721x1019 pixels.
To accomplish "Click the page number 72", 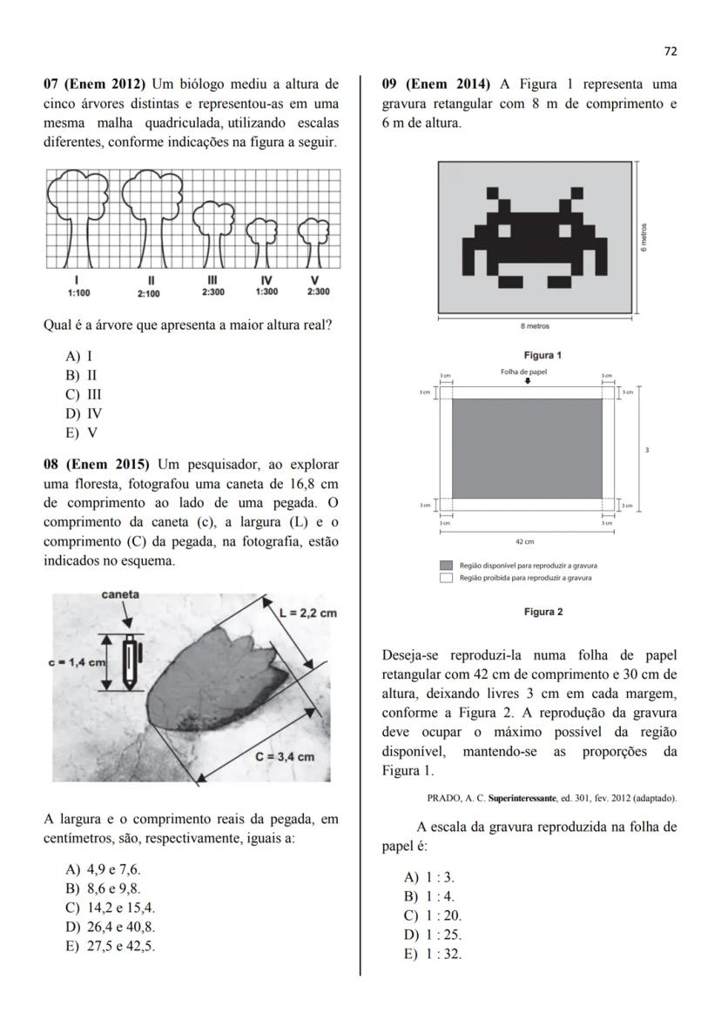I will coord(670,51).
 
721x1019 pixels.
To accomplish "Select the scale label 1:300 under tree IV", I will coord(266,292).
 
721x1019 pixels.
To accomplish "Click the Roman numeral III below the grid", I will coord(212,280).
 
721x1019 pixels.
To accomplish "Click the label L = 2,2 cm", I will coord(308,613).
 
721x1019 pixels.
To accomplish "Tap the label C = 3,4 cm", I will coord(285,756).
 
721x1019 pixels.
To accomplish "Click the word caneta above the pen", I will coord(121,595).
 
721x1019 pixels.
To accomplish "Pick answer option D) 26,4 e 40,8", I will coord(110,928).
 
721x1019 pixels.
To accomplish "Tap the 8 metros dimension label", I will coord(535,327).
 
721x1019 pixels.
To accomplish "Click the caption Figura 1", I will coord(542,355).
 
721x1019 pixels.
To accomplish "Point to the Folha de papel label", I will coord(524,372).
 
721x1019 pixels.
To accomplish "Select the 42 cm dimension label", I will coord(524,541).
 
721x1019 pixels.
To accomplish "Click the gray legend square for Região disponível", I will coord(446,566).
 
